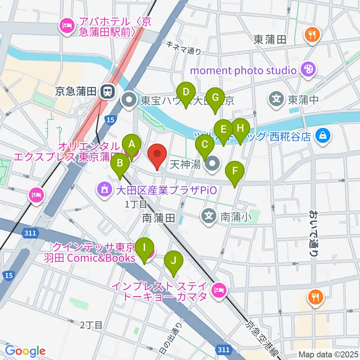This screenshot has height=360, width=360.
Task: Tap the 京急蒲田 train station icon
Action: [x=108, y=91]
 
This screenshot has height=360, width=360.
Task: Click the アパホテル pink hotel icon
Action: [x=66, y=26]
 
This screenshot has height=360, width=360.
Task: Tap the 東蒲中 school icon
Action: [x=276, y=99]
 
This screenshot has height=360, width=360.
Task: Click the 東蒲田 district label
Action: [x=270, y=39]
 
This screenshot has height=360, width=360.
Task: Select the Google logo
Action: [x=25, y=351]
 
